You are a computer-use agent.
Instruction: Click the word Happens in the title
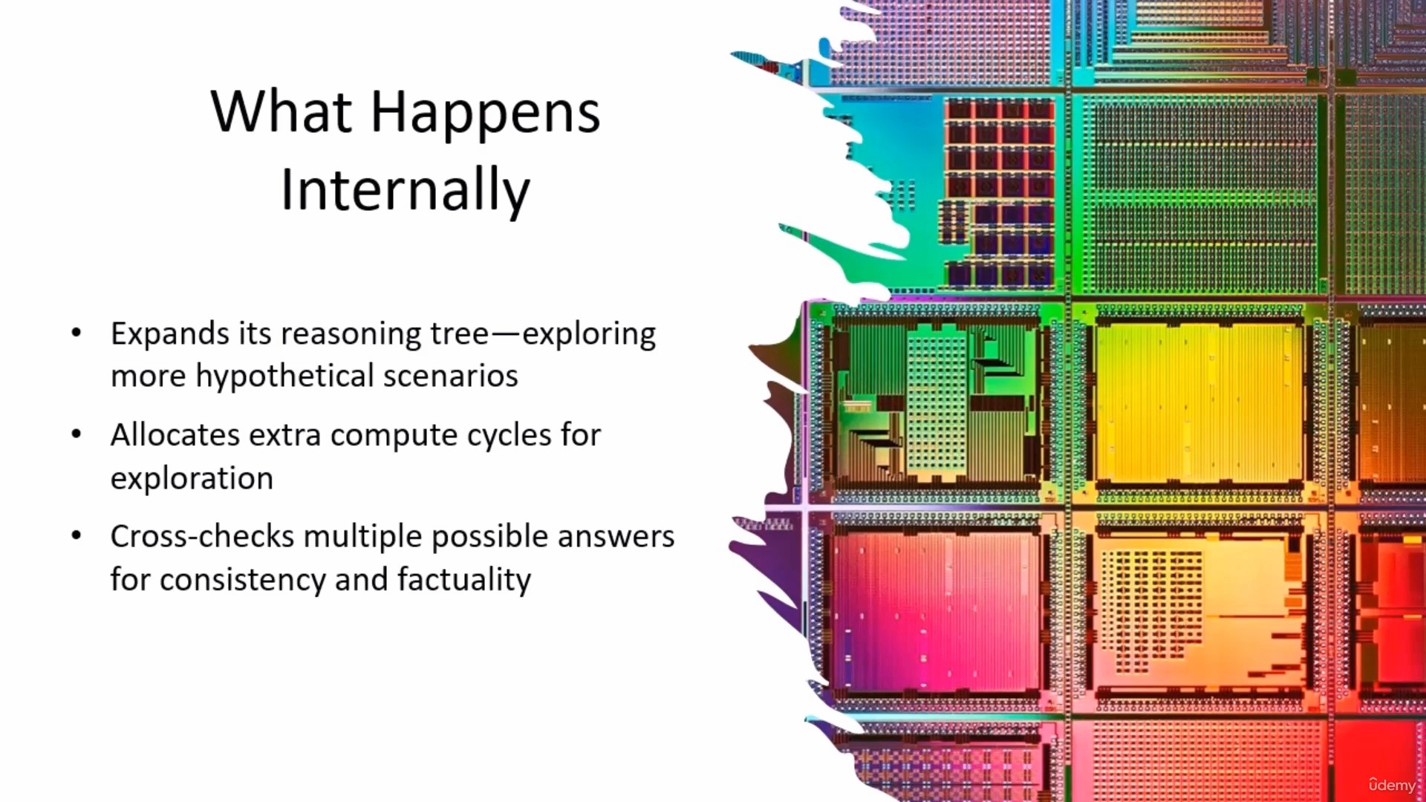coord(485,114)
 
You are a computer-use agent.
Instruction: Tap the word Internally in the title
coord(406,191)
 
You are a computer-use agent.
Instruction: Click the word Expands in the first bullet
coord(170,334)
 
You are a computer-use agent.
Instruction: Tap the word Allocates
coord(175,434)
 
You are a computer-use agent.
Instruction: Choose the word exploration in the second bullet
coord(192,479)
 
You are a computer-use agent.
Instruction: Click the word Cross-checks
coord(203,536)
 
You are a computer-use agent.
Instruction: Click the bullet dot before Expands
coord(76,333)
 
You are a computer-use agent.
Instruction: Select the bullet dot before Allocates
coord(76,434)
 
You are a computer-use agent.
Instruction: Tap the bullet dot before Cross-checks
coord(76,536)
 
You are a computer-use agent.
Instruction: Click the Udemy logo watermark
coord(1393,785)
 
